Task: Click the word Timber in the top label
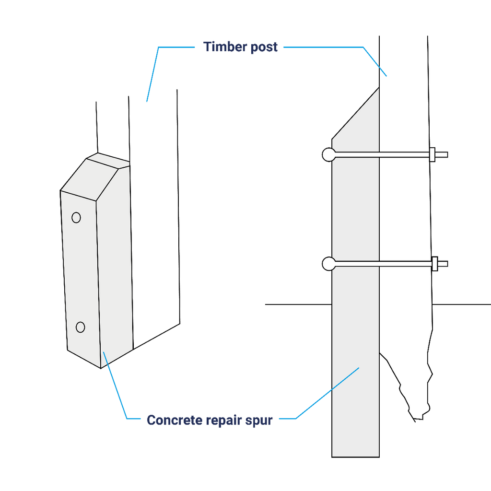coord(225,47)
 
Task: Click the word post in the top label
coord(264,47)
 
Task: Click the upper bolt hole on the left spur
coord(76,217)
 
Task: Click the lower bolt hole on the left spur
coord(81,327)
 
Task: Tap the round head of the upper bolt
coord(329,155)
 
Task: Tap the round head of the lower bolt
coord(329,264)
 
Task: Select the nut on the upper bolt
coord(433,155)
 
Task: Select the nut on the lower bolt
coord(434,264)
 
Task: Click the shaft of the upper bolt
coord(383,155)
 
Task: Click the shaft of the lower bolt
coord(384,264)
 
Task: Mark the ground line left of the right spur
coord(298,304)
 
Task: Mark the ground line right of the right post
coord(462,304)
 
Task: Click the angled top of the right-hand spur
coord(356,113)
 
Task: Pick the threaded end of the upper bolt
coord(442,155)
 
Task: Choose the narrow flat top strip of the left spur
coord(108,161)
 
